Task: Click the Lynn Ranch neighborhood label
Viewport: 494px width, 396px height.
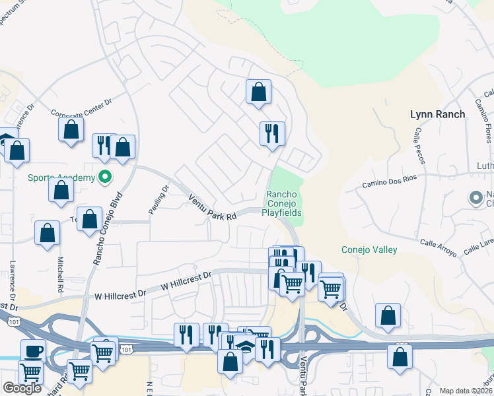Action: tap(437, 114)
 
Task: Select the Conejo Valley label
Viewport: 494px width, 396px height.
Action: tap(369, 249)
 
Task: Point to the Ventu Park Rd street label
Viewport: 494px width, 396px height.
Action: tap(212, 207)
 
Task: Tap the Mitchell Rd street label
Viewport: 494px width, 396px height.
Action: tap(60, 274)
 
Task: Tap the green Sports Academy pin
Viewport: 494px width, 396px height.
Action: tap(104, 176)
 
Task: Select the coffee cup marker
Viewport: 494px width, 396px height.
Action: tap(33, 350)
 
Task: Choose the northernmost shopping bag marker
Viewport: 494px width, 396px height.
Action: tap(258, 92)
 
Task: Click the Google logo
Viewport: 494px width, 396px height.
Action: tap(22, 388)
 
